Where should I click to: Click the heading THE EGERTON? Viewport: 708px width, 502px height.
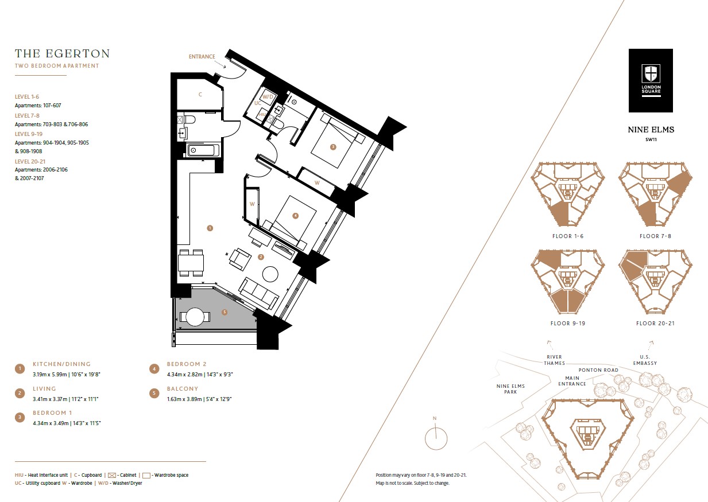coord(62,54)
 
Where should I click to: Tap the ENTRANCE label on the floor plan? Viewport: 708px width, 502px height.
coord(202,57)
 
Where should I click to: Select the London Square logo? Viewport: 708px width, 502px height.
coord(650,80)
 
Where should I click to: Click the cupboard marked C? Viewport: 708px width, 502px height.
coord(199,95)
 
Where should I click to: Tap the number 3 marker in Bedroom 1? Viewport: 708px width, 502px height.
coord(332,147)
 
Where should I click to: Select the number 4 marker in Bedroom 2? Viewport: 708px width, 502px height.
coord(295,216)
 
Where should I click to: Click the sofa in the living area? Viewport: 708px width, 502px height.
coord(259,293)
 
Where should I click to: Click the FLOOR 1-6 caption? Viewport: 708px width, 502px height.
coord(568,236)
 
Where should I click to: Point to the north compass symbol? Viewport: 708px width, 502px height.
coord(436,438)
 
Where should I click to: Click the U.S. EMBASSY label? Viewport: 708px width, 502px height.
coord(645,360)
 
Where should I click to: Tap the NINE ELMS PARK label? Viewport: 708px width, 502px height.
coord(510,389)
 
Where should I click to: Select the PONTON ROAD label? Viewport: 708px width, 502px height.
coord(598,370)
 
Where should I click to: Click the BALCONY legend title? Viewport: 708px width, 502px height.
coord(183,389)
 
